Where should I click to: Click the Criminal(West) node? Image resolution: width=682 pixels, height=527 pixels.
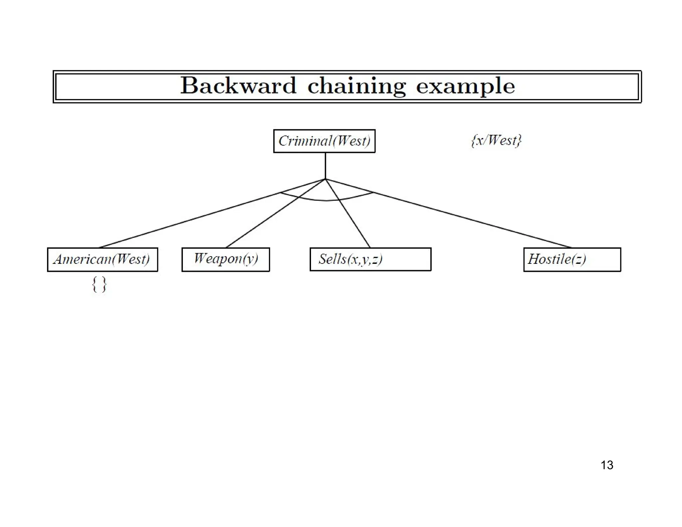(x=324, y=141)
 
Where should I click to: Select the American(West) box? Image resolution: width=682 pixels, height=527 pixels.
(x=102, y=260)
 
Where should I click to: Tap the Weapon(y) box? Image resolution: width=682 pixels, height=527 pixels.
(x=225, y=259)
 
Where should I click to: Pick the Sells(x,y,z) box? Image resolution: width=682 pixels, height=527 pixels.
(x=370, y=259)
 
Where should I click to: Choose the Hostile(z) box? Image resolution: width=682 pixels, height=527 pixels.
(x=572, y=260)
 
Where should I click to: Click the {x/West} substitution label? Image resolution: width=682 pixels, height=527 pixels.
(x=496, y=140)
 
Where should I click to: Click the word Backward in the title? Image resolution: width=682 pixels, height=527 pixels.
(x=238, y=86)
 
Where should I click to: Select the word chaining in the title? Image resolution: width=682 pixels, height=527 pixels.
(x=356, y=86)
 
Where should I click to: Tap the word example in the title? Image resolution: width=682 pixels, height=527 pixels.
(x=465, y=86)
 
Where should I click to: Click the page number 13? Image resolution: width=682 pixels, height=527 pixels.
(x=607, y=465)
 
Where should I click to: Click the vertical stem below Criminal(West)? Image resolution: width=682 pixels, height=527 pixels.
(x=325, y=166)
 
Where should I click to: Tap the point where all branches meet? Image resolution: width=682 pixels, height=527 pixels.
(x=325, y=179)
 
